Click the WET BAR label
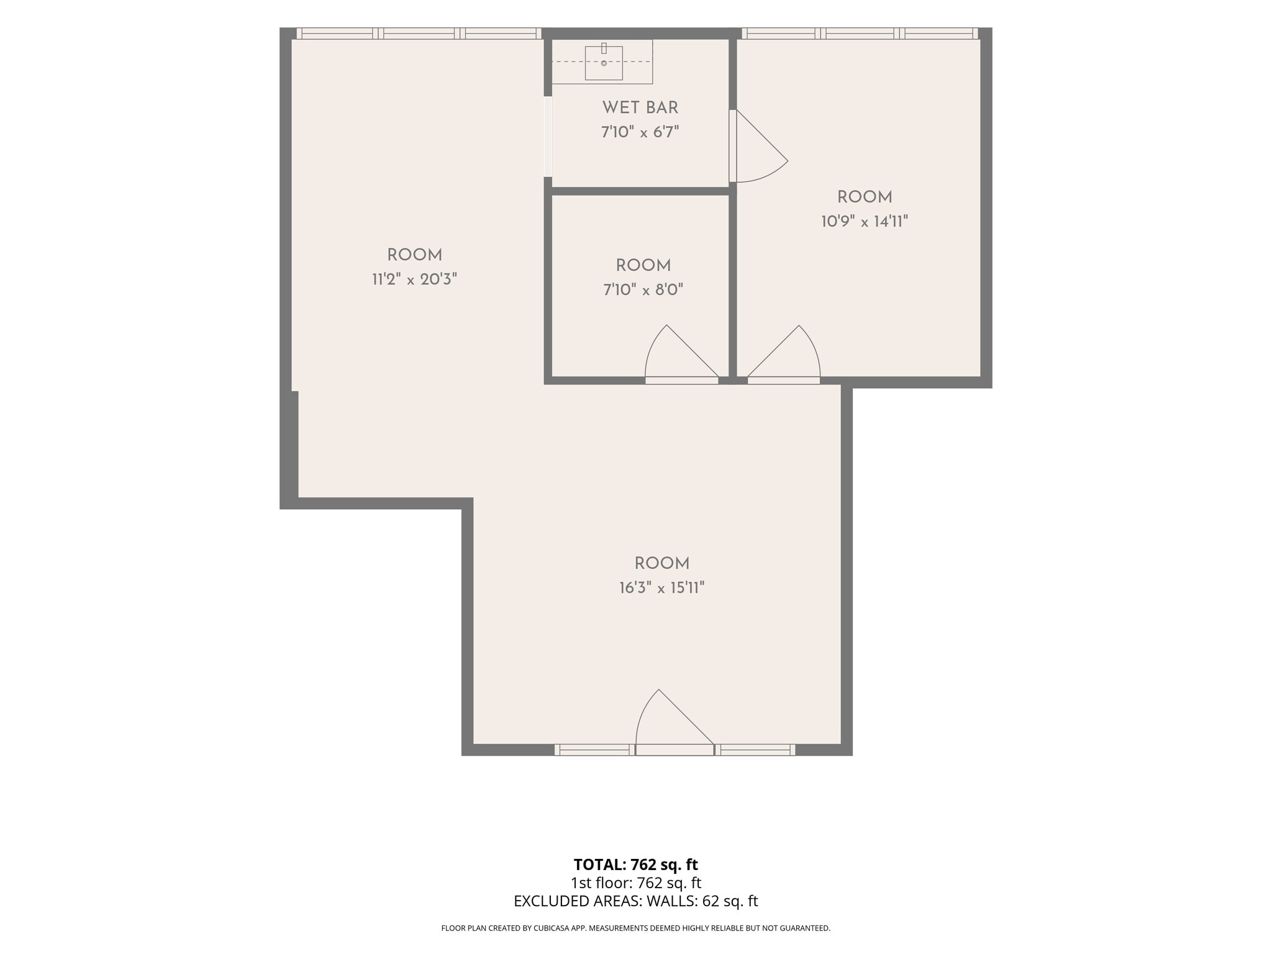[x=640, y=107]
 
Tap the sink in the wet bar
[x=604, y=63]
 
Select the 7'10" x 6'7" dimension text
[x=640, y=132]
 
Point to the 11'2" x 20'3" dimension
[x=414, y=279]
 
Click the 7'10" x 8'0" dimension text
[x=643, y=289]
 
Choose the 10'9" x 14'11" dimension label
[x=865, y=221]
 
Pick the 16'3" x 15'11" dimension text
[x=662, y=588]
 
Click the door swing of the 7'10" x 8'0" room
[x=681, y=354]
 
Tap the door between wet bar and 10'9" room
[x=758, y=146]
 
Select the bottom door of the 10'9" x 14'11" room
[x=784, y=354]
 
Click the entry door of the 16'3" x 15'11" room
[x=675, y=722]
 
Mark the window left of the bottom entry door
[x=594, y=750]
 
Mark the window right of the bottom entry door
[x=755, y=750]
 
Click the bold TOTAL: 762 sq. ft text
[x=636, y=865]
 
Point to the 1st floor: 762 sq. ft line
[x=636, y=883]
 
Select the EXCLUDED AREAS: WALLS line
[x=636, y=901]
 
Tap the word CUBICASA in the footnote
[x=552, y=929]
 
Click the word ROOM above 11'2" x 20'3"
[x=414, y=255]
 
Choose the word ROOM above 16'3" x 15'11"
[x=662, y=563]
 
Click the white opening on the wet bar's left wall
[x=548, y=136]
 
